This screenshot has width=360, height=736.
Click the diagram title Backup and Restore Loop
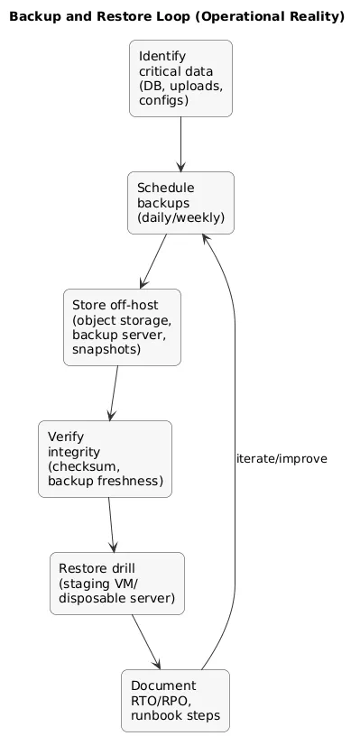pos(177,16)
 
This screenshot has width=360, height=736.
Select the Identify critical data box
pos(180,78)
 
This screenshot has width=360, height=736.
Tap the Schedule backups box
pos(180,203)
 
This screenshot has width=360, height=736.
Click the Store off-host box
pos(122,327)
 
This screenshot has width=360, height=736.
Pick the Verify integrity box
pos(105,459)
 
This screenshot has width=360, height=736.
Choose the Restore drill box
pos(117,583)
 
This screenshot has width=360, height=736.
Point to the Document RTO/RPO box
pos(175,700)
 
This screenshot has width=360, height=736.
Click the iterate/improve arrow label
pos(281,459)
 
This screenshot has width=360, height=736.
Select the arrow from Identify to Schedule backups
pos(180,143)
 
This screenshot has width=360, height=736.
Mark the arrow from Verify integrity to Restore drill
pos(110,524)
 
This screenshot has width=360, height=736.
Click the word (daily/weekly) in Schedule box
pos(180,218)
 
